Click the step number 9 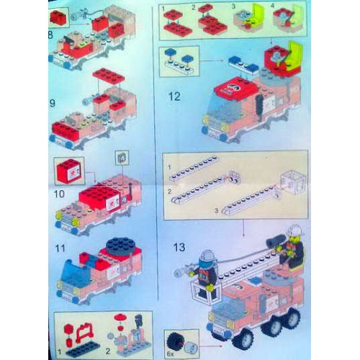(x=52, y=102)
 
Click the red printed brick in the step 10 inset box (x=70, y=171)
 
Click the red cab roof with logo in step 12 (x=234, y=88)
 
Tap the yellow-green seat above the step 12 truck (x=293, y=53)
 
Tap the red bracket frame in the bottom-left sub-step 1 (x=84, y=333)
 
